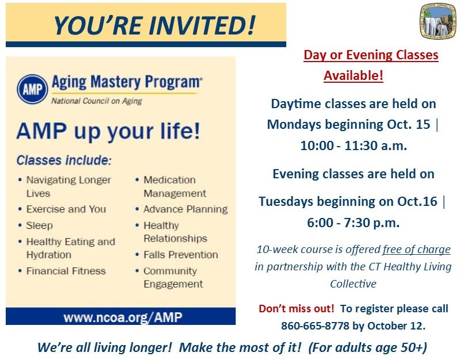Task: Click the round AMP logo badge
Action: coord(33,90)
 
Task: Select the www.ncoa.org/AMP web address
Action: coord(121,317)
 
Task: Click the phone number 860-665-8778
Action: coord(315,326)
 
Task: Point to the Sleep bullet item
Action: coord(39,225)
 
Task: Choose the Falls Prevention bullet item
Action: coord(180,254)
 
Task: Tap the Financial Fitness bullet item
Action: coord(66,270)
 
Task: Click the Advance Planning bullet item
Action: coord(185,209)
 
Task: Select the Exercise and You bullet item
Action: coord(66,209)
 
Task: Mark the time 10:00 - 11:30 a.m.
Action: coord(354,146)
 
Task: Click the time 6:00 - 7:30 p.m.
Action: coord(354,222)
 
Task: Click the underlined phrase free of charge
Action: coord(417,250)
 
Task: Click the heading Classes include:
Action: coord(63,160)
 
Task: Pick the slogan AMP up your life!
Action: coord(109,131)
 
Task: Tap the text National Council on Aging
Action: coord(97,101)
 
